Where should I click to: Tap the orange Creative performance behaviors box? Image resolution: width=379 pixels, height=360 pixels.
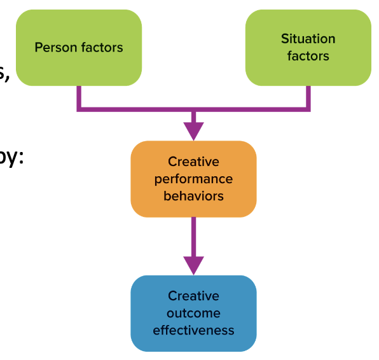(x=193, y=179)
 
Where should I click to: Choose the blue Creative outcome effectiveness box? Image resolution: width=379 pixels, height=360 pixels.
(x=193, y=313)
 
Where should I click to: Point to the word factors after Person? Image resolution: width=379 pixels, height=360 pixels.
(x=101, y=48)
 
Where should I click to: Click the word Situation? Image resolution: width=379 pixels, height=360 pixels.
(x=308, y=39)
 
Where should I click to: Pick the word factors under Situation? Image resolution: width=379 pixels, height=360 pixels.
(x=308, y=56)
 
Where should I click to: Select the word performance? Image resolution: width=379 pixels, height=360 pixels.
(x=193, y=179)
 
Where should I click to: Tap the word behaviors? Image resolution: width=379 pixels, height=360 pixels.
(x=193, y=196)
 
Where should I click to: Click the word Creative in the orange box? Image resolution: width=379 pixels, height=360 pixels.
(x=193, y=162)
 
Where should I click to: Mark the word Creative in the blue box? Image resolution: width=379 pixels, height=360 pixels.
(x=193, y=296)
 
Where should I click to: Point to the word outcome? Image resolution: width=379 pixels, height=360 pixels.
(x=193, y=313)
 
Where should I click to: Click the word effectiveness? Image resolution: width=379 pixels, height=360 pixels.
(x=193, y=330)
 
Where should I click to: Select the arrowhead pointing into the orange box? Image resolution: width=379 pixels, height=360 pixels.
(x=193, y=130)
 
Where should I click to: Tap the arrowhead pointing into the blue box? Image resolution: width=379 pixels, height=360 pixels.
(x=193, y=265)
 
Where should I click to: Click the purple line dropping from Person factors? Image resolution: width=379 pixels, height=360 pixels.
(x=79, y=97)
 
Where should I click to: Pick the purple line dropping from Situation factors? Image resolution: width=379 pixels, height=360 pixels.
(x=308, y=97)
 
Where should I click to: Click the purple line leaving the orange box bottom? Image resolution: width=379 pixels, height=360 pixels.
(x=193, y=235)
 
